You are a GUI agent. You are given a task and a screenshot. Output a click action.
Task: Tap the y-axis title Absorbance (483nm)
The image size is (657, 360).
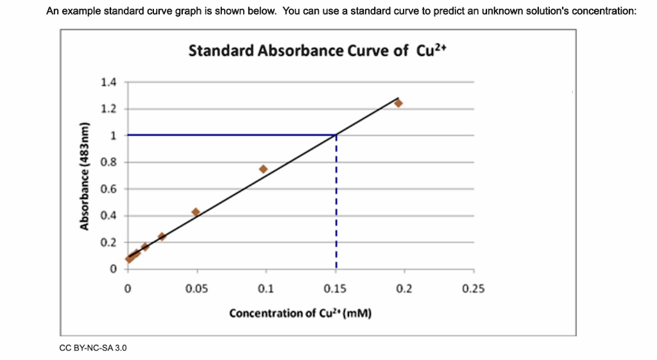pyautogui.click(x=83, y=175)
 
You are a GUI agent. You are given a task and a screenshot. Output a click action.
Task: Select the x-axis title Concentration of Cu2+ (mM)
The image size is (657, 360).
pyautogui.click(x=300, y=313)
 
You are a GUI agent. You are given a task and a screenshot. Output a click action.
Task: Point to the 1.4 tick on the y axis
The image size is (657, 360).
pyautogui.click(x=109, y=82)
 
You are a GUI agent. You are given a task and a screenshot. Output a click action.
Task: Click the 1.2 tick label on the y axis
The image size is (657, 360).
pyautogui.click(x=109, y=109)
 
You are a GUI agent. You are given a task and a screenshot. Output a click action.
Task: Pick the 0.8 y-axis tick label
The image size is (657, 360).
pyautogui.click(x=109, y=162)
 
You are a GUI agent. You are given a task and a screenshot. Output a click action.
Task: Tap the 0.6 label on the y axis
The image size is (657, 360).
pyautogui.click(x=109, y=189)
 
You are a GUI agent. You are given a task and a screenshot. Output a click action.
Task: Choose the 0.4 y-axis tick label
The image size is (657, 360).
pyautogui.click(x=109, y=216)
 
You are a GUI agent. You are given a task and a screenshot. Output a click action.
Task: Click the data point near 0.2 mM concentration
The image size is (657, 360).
pyautogui.click(x=398, y=103)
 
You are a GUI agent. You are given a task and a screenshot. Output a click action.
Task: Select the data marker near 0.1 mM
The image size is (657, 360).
pyautogui.click(x=263, y=169)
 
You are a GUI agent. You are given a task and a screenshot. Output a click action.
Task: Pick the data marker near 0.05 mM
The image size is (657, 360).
pyautogui.click(x=196, y=212)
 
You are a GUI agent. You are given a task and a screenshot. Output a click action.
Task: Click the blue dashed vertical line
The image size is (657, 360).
pyautogui.click(x=336, y=205)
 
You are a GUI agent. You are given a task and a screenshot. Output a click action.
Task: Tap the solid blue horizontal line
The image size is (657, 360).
pyautogui.click(x=231, y=135)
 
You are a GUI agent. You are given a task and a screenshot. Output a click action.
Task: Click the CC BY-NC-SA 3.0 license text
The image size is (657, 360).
pyautogui.click(x=93, y=348)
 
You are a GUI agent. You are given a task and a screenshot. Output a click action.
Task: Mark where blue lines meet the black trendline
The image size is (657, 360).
pyautogui.click(x=336, y=135)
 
